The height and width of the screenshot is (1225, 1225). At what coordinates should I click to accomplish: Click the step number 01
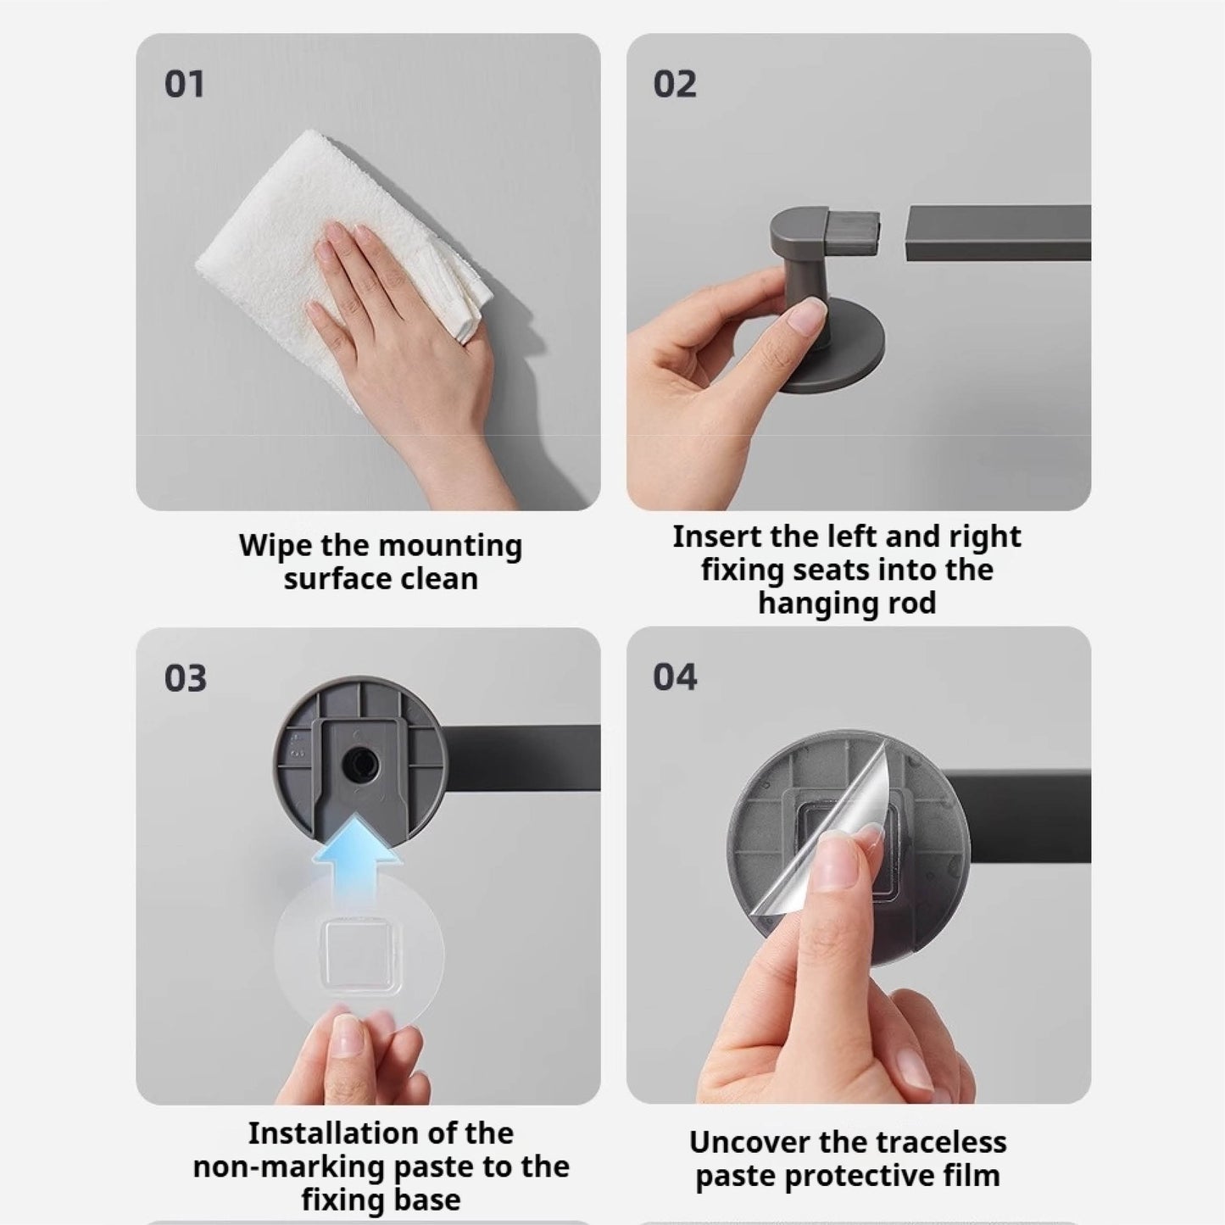point(184,85)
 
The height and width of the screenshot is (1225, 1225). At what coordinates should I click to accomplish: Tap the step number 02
point(675,85)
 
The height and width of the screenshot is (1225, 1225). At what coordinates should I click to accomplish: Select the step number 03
point(185,678)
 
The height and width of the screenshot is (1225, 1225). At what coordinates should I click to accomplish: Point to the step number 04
point(675,677)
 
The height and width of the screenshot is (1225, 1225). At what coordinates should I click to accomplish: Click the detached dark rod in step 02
point(999,232)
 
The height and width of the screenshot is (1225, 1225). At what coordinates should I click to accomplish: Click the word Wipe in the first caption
point(276,547)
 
